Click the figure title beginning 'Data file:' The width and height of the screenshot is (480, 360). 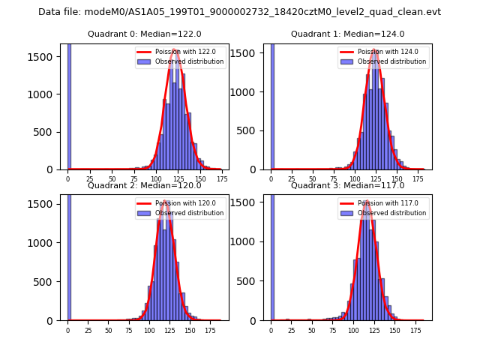[239, 12]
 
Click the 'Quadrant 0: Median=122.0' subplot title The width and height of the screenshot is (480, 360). [144, 34]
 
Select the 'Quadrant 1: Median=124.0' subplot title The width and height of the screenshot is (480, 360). [347, 34]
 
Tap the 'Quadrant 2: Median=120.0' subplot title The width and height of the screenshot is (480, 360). [144, 185]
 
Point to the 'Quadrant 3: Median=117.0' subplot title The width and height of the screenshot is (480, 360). [347, 185]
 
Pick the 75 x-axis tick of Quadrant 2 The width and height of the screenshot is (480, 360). [129, 330]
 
